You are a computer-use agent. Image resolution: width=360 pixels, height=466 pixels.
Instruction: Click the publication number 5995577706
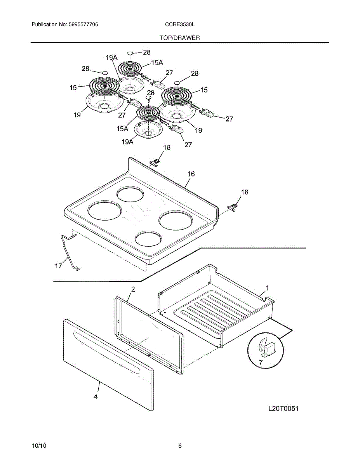[83, 24]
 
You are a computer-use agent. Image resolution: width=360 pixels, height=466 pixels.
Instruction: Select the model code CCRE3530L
[180, 24]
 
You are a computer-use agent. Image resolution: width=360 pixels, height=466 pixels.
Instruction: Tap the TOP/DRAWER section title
[180, 38]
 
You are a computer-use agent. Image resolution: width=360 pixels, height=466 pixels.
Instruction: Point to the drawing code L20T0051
[283, 408]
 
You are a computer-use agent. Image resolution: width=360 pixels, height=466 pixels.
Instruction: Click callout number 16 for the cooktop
[191, 174]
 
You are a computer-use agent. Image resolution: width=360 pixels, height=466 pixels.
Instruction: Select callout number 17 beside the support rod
[58, 266]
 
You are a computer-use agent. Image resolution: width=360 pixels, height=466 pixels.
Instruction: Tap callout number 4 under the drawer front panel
[96, 396]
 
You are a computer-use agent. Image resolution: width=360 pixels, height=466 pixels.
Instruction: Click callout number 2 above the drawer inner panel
[133, 289]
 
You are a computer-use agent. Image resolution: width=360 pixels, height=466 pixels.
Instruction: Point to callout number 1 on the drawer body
[267, 288]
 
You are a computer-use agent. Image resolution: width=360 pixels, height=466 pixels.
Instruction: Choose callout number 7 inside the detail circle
[261, 362]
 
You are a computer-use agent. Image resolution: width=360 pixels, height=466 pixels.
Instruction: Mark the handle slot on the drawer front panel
[106, 352]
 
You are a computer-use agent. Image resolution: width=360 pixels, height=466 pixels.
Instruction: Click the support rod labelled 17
[70, 252]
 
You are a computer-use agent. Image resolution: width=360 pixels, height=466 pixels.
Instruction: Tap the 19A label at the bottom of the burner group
[127, 142]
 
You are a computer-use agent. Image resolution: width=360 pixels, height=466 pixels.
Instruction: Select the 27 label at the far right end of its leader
[229, 119]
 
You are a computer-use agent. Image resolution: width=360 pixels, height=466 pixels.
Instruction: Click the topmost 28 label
[147, 52]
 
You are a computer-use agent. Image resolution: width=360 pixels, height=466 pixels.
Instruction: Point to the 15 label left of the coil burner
[73, 87]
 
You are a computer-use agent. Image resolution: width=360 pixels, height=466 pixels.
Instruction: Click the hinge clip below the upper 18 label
[155, 163]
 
